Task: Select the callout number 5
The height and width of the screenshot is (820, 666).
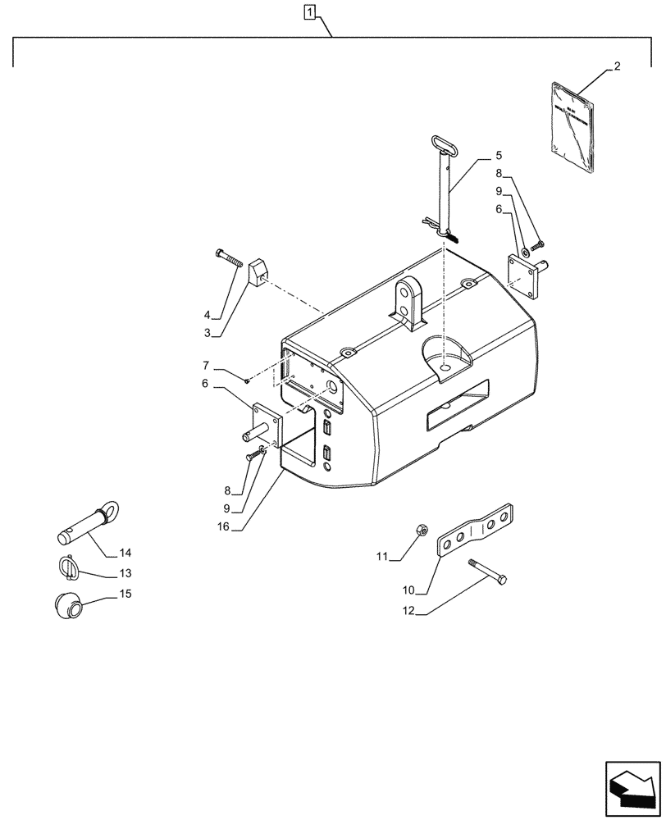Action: coord(499,155)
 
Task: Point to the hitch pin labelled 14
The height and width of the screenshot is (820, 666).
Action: coord(89,525)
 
